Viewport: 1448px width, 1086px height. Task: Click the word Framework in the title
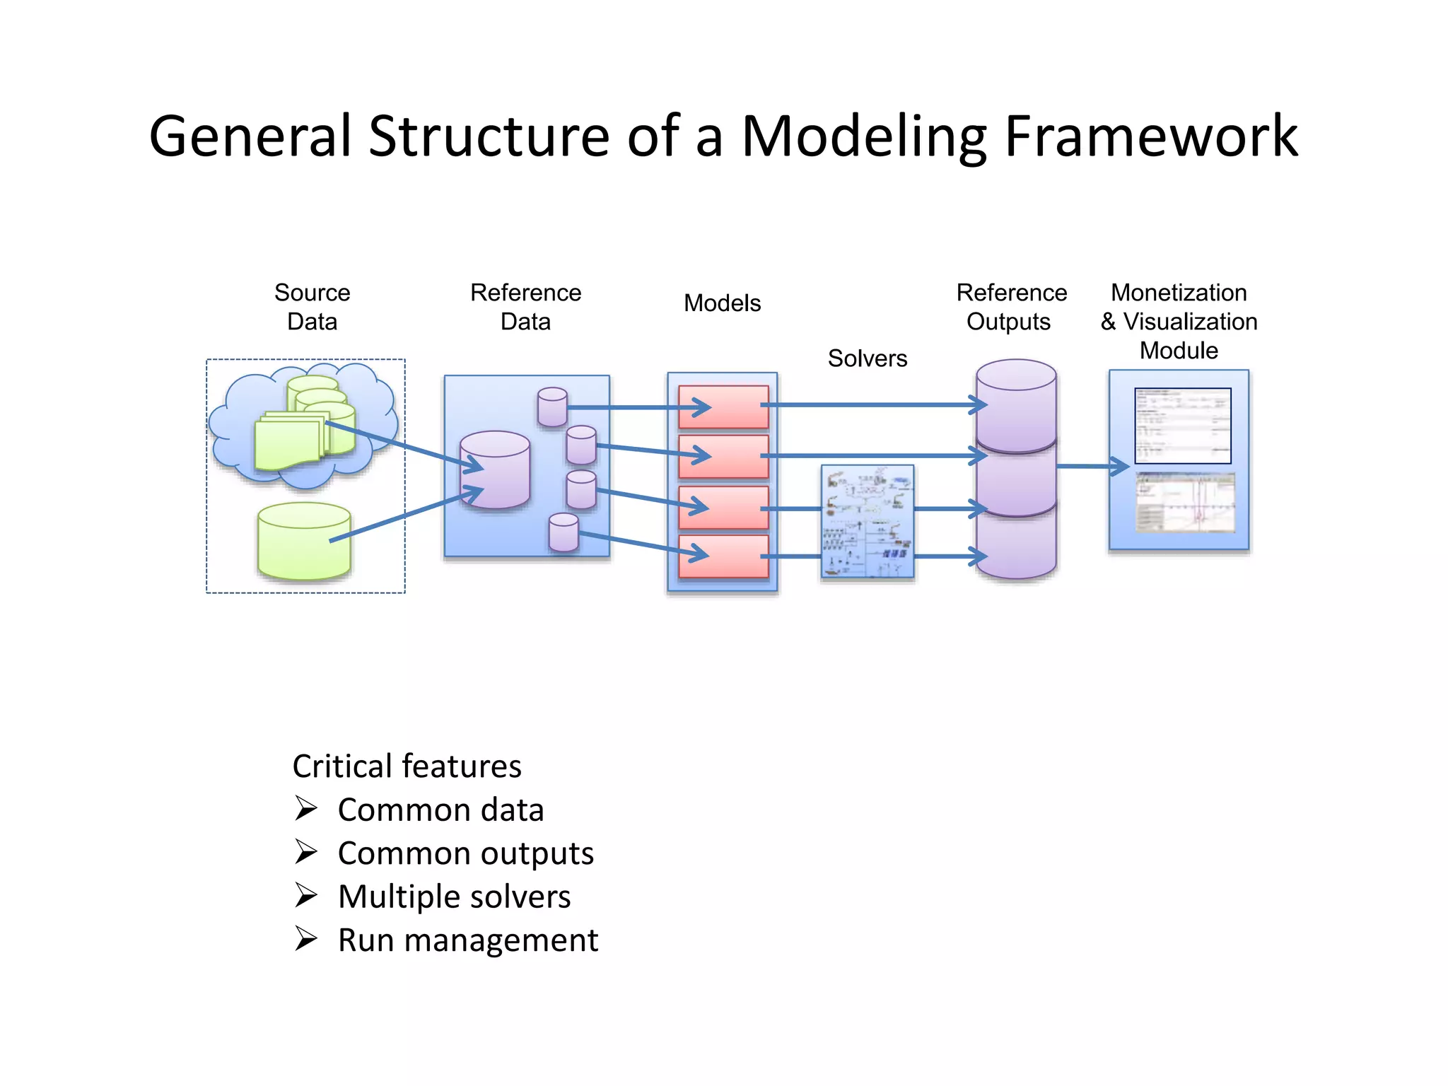coord(1150,136)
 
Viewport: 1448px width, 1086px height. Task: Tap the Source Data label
coord(312,307)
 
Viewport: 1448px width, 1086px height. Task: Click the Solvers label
coord(867,358)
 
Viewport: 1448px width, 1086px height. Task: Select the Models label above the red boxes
coord(722,303)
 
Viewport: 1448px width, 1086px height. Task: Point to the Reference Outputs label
coord(1011,307)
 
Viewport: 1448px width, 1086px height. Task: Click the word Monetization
coord(1179,293)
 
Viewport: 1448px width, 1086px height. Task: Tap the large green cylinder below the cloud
coord(304,542)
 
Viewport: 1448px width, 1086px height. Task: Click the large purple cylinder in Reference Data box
coord(494,469)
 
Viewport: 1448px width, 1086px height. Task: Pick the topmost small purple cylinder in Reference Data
coord(552,407)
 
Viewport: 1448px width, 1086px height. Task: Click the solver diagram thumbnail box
coord(868,522)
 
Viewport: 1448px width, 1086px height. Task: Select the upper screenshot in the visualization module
coord(1182,426)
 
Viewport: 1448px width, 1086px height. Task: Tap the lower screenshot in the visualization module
coord(1185,503)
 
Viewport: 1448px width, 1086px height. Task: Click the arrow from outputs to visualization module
coord(1092,467)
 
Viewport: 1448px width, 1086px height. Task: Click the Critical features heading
coord(407,766)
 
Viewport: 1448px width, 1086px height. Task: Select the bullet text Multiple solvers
coord(454,897)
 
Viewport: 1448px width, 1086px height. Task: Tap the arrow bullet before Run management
coord(306,940)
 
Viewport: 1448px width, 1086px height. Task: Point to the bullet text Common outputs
coord(465,853)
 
